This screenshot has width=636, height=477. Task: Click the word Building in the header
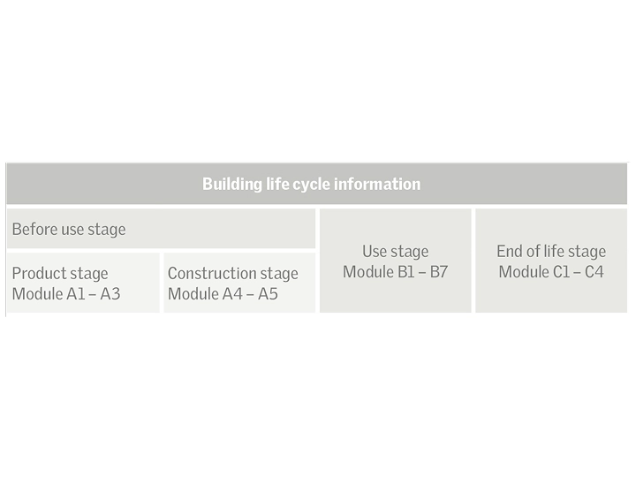pos(232,185)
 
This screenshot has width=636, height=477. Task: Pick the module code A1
pos(78,294)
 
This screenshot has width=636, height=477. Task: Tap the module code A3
pos(110,294)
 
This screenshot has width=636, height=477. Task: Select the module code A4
pos(233,294)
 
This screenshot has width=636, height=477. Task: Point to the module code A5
pos(267,294)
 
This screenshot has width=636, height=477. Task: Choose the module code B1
pos(407,272)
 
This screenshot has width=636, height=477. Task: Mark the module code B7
pos(439,272)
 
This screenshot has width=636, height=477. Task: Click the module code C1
pos(562,272)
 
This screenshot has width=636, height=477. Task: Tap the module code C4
pos(594,272)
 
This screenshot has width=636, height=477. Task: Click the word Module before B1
pos(367,272)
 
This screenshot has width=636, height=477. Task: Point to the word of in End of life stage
pos(534,252)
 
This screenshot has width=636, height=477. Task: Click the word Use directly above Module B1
pos(375,252)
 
